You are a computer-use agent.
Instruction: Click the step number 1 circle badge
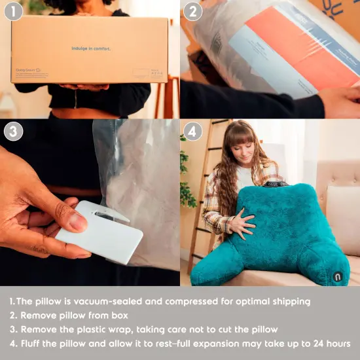coord(14,12)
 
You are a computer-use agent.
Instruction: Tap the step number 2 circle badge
coord(193,12)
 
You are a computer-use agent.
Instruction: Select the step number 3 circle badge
coord(14,132)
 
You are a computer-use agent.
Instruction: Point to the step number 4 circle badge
coord(193,132)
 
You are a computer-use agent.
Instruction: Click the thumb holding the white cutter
coord(68,221)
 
